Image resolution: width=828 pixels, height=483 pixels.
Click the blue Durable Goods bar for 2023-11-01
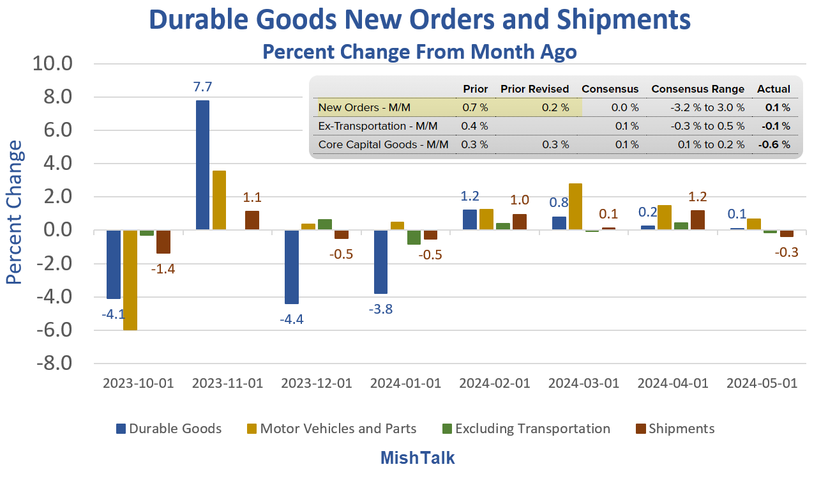coord(202,165)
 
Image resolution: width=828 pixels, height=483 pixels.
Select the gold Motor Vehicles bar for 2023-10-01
coord(130,280)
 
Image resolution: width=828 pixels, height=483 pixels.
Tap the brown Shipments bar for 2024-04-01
coord(697,220)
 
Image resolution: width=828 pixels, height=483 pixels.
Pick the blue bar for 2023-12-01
coord(291,267)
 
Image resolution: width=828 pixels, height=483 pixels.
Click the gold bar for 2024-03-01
coord(575,206)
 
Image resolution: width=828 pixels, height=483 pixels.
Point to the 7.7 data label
coord(202,86)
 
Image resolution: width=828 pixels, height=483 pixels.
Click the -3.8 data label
coord(380,309)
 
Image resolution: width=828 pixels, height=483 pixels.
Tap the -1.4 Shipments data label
coord(163,269)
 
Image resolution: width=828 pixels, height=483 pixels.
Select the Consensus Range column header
coord(697,89)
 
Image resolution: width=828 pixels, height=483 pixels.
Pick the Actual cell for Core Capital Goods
coord(774,144)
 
